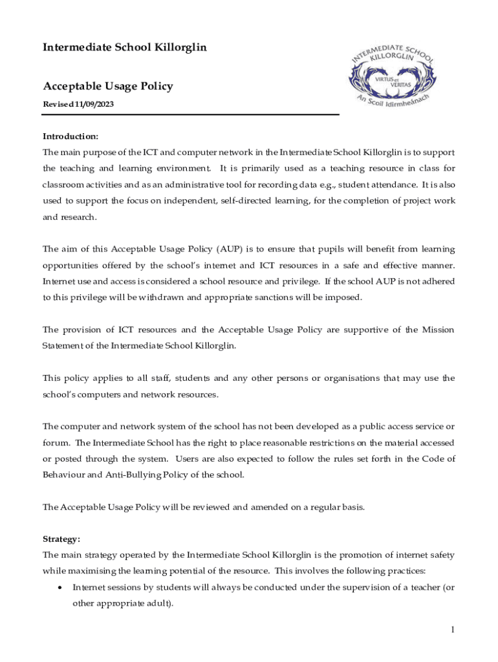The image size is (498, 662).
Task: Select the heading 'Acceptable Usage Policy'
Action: pyautogui.click(x=107, y=86)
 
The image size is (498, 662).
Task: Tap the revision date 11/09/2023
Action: pyautogui.click(x=96, y=104)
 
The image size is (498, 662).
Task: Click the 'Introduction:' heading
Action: pyautogui.click(x=70, y=136)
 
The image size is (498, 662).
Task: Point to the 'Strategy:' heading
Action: pyautogui.click(x=61, y=539)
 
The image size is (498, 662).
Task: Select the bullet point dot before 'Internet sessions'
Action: pyautogui.click(x=60, y=588)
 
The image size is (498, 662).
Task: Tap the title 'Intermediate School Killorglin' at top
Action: pyautogui.click(x=125, y=47)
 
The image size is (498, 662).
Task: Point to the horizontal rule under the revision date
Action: pyautogui.click(x=191, y=115)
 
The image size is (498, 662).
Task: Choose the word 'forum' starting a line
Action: pyautogui.click(x=56, y=443)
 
